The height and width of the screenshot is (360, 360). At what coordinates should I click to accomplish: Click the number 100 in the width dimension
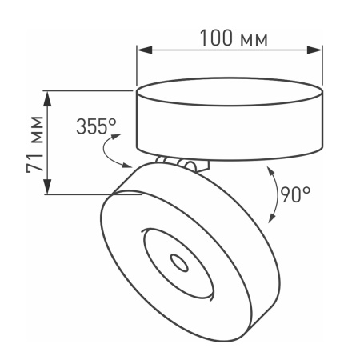215,38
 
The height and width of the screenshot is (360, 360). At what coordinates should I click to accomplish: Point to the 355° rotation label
97,126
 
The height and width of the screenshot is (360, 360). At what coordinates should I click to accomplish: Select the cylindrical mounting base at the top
230,120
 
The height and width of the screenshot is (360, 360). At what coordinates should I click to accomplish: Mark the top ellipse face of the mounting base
230,88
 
